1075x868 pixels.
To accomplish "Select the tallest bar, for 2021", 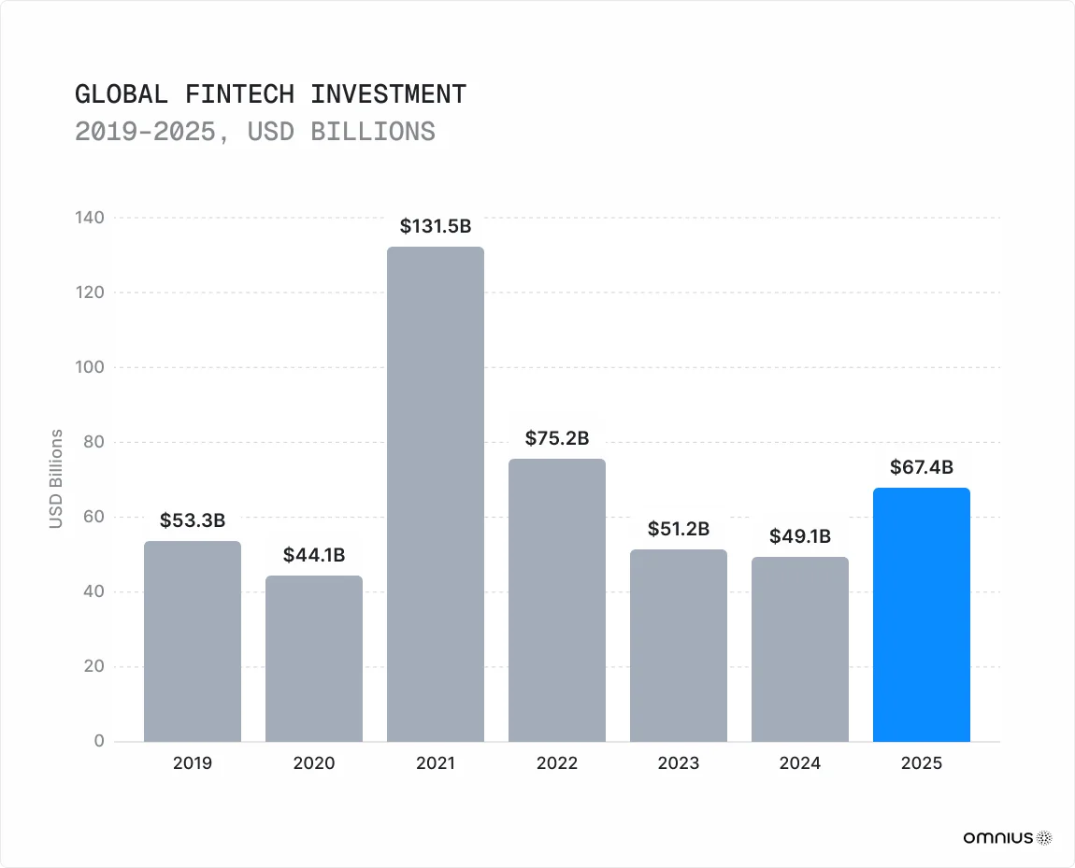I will coord(436,494).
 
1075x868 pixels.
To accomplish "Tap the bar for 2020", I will coord(314,659).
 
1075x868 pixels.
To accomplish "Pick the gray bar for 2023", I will coord(679,646).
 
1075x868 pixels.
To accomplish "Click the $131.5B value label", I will coord(436,226).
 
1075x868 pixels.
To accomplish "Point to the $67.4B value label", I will coord(921,467).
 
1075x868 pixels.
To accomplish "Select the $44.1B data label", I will coord(314,556).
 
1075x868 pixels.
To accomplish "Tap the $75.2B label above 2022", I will coord(557,438).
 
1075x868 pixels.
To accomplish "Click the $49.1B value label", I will coord(800,537).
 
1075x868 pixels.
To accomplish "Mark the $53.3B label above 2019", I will coord(193,520).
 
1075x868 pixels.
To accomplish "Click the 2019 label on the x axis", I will coord(193,763).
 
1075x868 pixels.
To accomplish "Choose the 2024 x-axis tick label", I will coord(800,763).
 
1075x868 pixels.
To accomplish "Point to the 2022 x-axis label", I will coord(557,763).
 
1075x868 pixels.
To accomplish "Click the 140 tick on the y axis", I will coord(91,218).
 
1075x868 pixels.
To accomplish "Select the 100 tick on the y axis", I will coord(91,367).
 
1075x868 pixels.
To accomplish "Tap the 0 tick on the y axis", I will coord(97,742).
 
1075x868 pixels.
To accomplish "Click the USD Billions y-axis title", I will coord(56,479).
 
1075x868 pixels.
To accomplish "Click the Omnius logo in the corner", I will coord(1007,837).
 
